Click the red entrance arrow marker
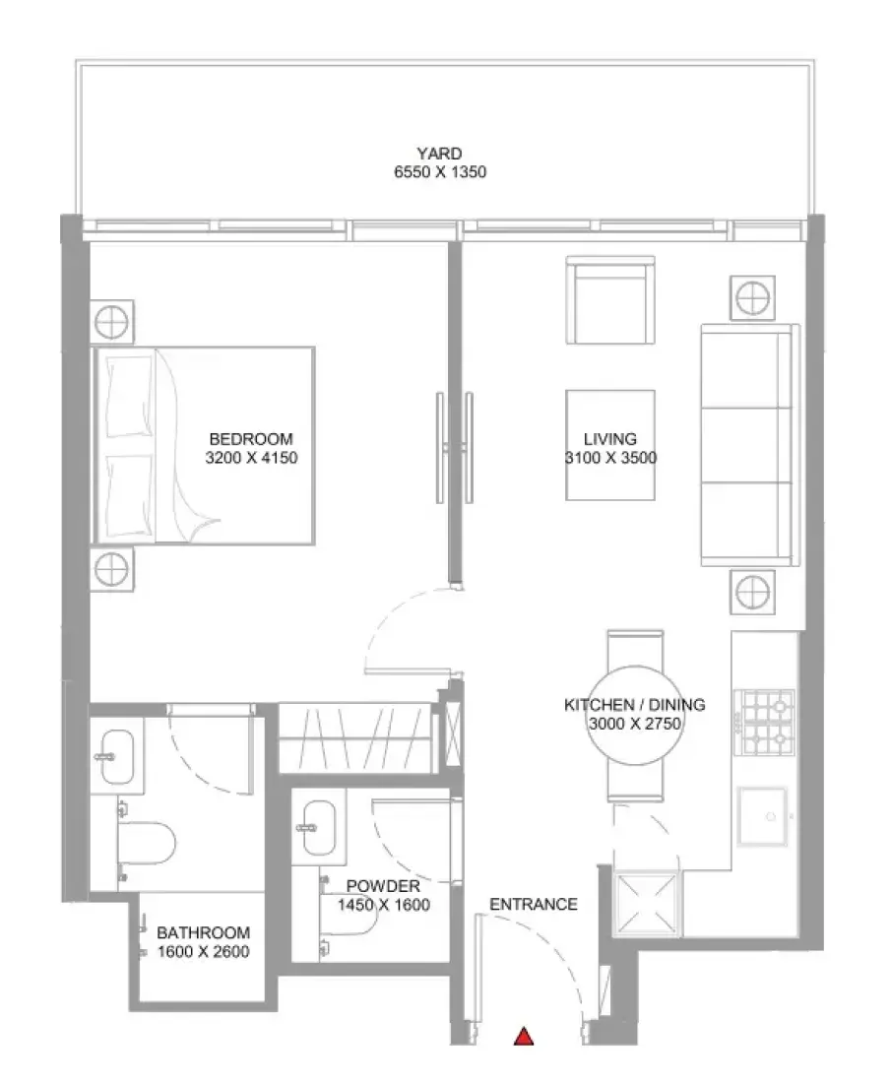[x=524, y=1036]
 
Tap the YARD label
[x=439, y=154]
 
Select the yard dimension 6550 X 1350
[x=440, y=172]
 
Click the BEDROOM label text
[x=251, y=438]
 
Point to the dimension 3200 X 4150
[x=251, y=457]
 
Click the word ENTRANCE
[x=533, y=904]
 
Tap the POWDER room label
[x=383, y=886]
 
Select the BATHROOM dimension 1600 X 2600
[x=203, y=952]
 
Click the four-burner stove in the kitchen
[x=764, y=723]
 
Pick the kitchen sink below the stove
[x=762, y=816]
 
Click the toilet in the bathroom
[x=146, y=842]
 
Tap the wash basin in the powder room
[x=319, y=827]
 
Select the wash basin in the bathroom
[x=117, y=756]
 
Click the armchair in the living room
[x=610, y=299]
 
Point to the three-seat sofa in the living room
[x=750, y=445]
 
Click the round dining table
[x=635, y=715]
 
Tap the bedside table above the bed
[x=112, y=322]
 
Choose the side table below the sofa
[x=752, y=592]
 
